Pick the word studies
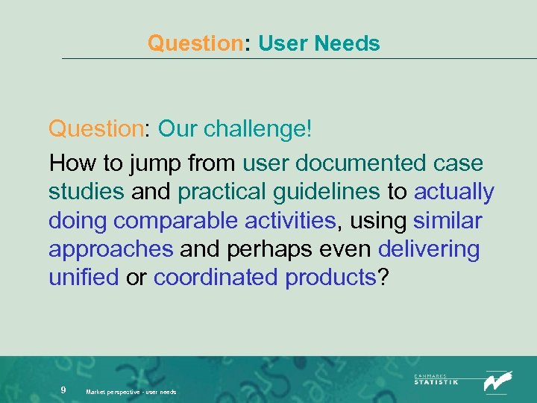(86, 192)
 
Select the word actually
(454, 192)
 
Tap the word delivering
(429, 249)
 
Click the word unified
(84, 277)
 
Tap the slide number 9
(64, 390)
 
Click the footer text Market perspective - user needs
(131, 392)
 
